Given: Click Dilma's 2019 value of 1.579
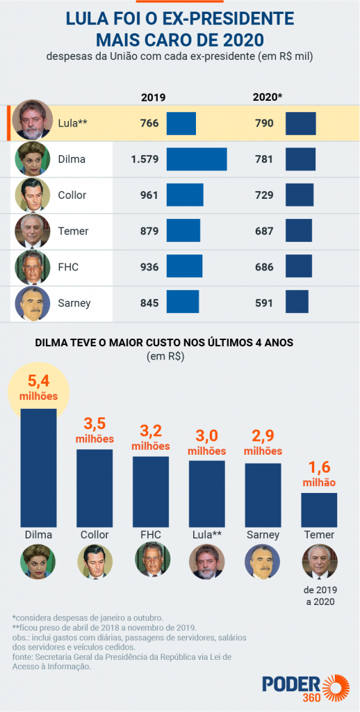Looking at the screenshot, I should click(x=145, y=159).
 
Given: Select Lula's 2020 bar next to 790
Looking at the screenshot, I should click(x=300, y=123).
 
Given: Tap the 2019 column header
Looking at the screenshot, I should click(x=153, y=97).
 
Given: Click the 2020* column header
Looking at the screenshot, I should click(x=268, y=97).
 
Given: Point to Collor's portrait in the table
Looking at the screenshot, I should click(x=32, y=195).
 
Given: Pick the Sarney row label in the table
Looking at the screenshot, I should click(x=74, y=303).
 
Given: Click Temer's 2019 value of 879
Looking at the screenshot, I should click(x=149, y=232).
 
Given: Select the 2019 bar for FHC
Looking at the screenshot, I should click(x=184, y=267).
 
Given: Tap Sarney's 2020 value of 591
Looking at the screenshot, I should click(x=264, y=303).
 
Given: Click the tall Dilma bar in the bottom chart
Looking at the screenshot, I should click(x=38, y=466).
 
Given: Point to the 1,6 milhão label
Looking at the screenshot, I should click(x=319, y=475).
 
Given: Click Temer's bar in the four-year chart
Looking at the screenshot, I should click(x=319, y=509).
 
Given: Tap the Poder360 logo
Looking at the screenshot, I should click(x=300, y=684).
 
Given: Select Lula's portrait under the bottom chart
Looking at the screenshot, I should click(x=206, y=561).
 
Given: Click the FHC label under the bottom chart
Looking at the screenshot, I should click(x=151, y=535).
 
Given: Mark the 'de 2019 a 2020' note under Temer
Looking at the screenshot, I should click(x=319, y=596).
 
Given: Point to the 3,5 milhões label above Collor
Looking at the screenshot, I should click(x=94, y=431).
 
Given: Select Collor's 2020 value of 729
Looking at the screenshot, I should click(x=264, y=195).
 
